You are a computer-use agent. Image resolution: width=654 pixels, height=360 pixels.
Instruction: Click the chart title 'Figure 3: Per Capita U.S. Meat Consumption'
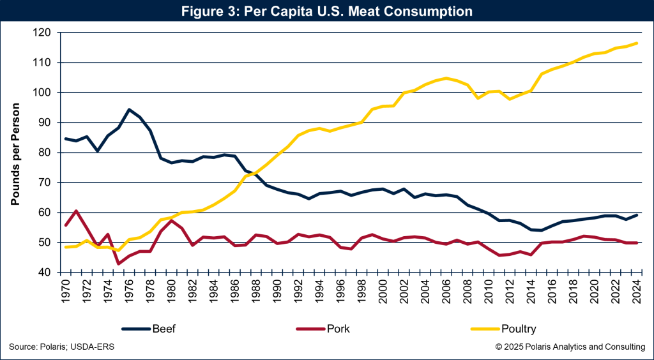pos(326,11)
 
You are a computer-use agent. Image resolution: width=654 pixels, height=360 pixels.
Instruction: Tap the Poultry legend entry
pos(519,329)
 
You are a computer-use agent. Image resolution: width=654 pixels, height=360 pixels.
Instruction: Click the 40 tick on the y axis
pos(45,273)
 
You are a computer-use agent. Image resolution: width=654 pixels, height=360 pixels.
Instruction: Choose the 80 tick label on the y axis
pos(45,153)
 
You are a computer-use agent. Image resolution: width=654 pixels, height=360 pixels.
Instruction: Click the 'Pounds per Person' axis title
pos(15,153)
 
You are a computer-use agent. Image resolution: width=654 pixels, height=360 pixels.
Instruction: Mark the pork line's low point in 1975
pos(118,263)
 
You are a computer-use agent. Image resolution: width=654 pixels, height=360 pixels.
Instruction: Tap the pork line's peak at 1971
pos(76,211)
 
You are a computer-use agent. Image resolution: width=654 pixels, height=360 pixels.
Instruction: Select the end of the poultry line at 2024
pos(637,43)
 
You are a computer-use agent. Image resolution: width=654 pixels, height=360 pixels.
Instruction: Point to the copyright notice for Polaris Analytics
pos(570,347)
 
